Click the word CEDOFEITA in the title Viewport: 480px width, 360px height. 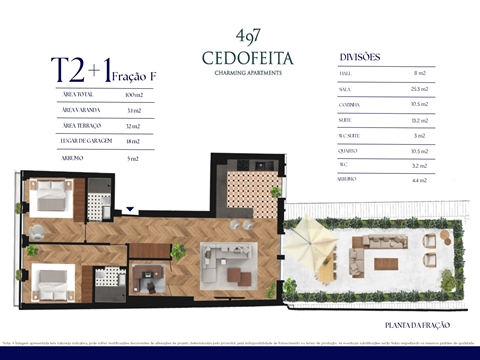240,57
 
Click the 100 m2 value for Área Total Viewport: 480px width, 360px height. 133,93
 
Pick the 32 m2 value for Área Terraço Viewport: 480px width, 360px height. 133,125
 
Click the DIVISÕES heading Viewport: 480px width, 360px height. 360,57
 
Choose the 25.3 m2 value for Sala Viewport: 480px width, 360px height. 420,89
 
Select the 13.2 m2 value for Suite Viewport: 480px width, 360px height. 420,119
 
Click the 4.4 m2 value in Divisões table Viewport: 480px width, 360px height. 420,180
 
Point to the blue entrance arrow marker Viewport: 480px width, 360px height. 131,211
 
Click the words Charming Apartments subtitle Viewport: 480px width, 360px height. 240,72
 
